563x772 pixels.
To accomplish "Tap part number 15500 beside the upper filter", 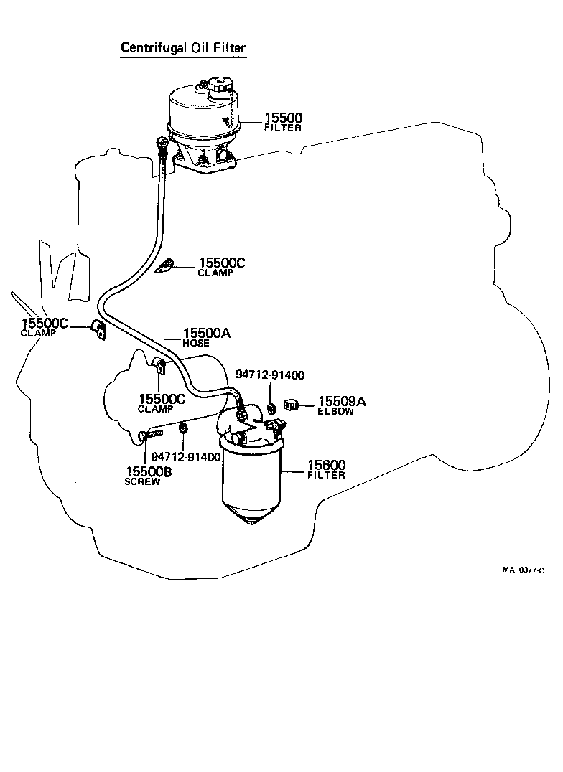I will click(283, 118).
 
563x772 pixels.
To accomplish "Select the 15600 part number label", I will click(327, 465).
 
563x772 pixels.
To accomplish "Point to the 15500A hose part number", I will click(206, 333).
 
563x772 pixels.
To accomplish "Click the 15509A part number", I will click(342, 402).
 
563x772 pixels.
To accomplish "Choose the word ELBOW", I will click(335, 412).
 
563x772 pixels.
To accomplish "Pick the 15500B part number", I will click(149, 471).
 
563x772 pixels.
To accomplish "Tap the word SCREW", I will click(142, 481).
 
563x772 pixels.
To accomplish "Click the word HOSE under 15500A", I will click(196, 343).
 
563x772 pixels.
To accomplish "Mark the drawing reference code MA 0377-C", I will click(522, 570).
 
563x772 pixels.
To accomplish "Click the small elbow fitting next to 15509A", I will click(292, 405).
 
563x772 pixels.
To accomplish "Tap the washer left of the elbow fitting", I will click(271, 408).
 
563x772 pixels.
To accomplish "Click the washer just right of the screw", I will click(182, 428).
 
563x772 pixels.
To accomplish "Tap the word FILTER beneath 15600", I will click(327, 475).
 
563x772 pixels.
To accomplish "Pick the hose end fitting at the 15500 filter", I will click(164, 149).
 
